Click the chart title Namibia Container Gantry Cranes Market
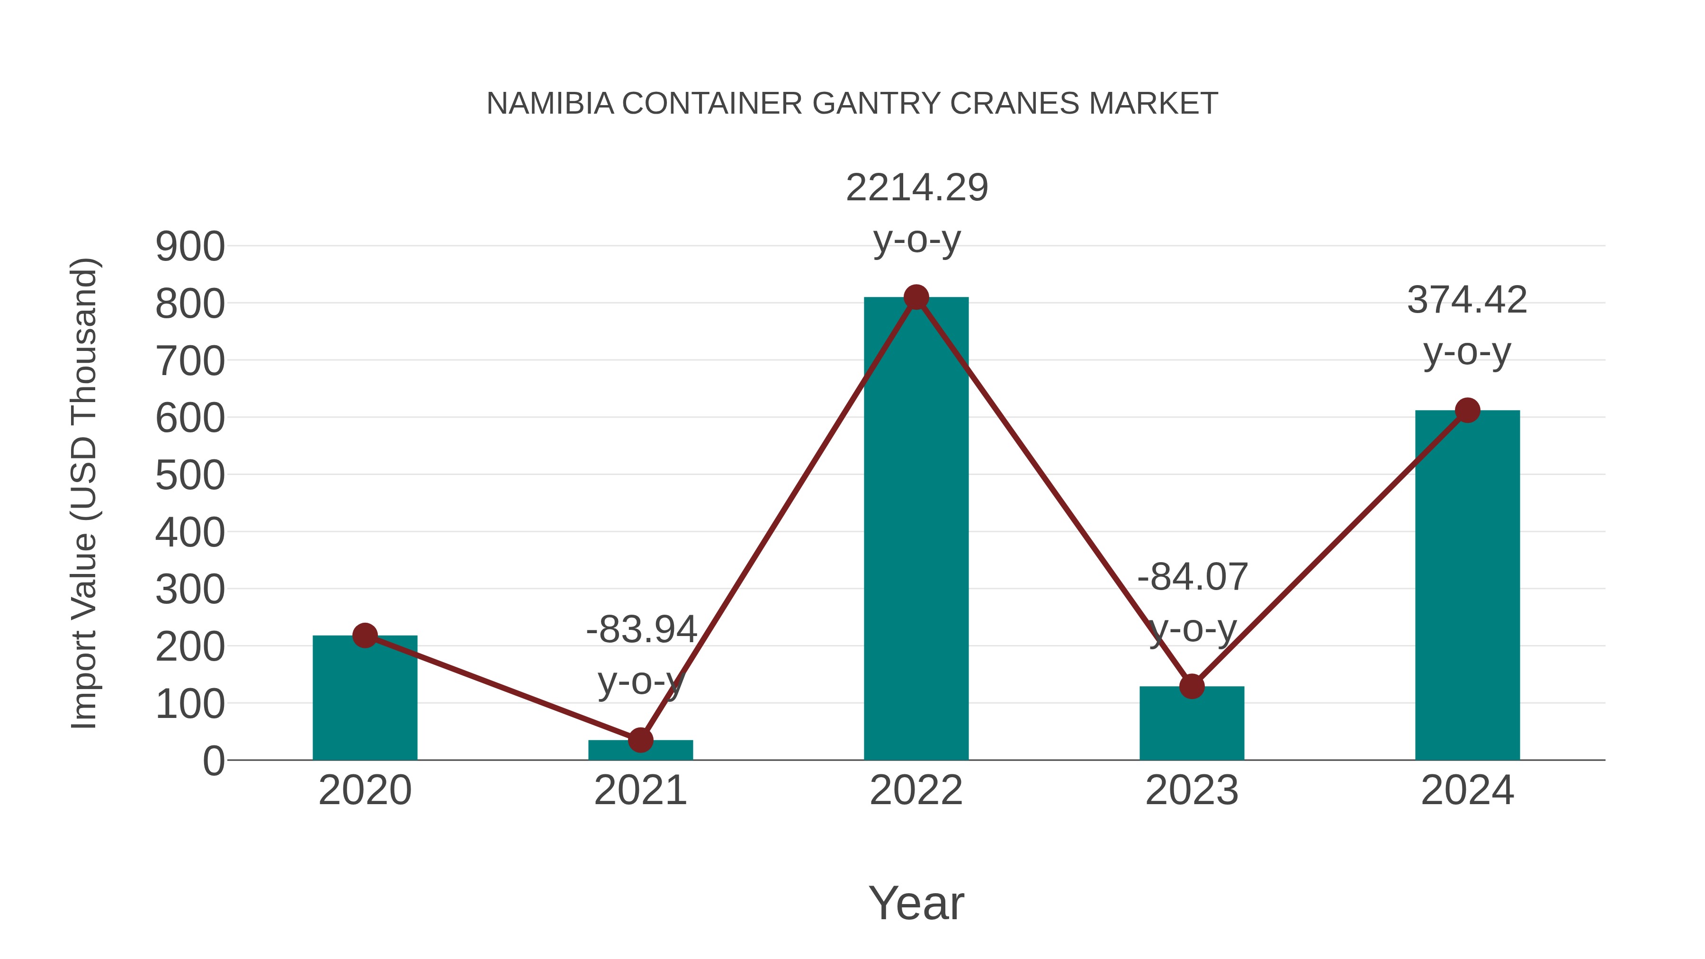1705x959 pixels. point(852,104)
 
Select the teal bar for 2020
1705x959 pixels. point(365,701)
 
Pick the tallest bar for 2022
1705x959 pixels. point(916,529)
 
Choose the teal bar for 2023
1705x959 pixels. point(1192,725)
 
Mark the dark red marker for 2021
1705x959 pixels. point(640,740)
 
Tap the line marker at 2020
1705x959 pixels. point(365,636)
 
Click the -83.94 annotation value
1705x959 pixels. point(641,629)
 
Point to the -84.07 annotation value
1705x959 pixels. point(1193,577)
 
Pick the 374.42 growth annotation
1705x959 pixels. point(1467,300)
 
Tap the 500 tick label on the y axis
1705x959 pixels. point(190,476)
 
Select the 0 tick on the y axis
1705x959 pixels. point(214,761)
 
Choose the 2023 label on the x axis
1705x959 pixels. point(1192,790)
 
